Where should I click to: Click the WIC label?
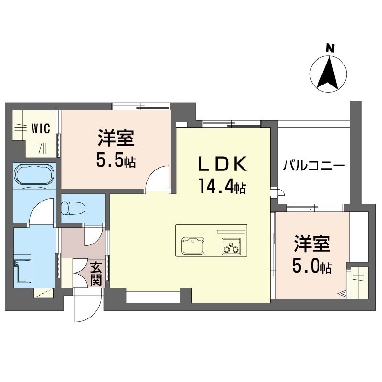41,128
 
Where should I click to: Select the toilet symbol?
74,208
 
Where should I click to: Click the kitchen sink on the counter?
193,246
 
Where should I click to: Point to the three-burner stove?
231,246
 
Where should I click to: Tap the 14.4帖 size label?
222,186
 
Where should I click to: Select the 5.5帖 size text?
116,160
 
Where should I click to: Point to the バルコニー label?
314,166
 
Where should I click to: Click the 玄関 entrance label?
96,274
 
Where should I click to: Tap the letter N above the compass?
330,49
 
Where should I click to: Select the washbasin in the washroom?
22,269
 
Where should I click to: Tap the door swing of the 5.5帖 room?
157,177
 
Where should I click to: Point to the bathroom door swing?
41,210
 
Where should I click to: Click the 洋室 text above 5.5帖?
116,138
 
